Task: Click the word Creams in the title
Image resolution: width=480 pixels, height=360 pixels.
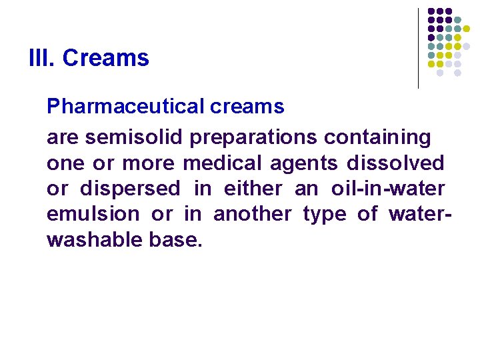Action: pos(105,58)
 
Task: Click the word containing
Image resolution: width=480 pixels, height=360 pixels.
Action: pos(377,137)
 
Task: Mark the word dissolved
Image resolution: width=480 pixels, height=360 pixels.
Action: pos(395,163)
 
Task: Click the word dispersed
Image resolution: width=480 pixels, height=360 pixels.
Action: pos(130,189)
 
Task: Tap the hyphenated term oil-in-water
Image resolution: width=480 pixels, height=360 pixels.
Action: pos(388,189)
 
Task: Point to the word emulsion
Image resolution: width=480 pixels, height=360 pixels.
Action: pos(93,214)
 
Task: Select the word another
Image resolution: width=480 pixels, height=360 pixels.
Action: pos(252,214)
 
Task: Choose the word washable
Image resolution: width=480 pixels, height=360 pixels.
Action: pos(92,240)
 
